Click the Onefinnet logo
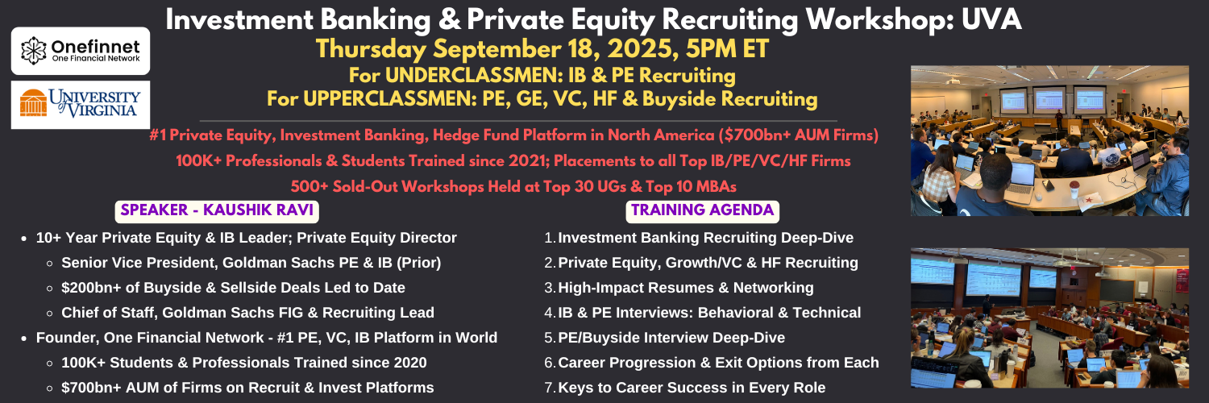(x=81, y=51)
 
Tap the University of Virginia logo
(x=81, y=105)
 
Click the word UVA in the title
(x=991, y=19)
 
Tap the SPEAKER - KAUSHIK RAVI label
(x=217, y=210)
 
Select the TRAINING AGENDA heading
(x=702, y=210)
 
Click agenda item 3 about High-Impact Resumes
(x=679, y=288)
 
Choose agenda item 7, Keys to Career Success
(x=685, y=388)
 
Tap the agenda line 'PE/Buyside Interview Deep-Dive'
(x=664, y=338)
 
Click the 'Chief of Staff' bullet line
(x=247, y=313)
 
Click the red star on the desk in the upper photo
(x=1089, y=200)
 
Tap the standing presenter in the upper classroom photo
(x=1059, y=118)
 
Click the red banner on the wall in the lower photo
(x=1182, y=280)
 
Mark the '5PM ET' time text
(x=727, y=48)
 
